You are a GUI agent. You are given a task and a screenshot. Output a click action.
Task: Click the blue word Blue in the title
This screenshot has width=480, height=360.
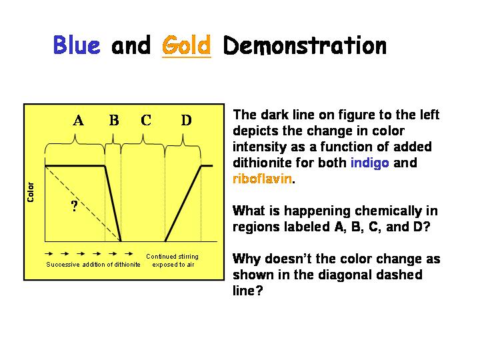tap(77, 45)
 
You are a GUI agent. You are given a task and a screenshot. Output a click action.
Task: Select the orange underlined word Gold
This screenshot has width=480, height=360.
tap(187, 45)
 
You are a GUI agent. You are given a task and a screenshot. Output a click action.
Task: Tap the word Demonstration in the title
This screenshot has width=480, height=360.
tap(305, 45)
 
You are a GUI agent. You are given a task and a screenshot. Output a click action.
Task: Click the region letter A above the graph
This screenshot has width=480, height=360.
tap(79, 120)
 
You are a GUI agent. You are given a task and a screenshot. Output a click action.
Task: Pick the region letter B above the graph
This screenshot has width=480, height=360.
tap(114, 120)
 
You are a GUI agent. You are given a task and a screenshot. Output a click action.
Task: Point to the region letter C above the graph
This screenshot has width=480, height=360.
tap(146, 120)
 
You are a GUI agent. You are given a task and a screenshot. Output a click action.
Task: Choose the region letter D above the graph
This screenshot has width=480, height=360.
tap(187, 120)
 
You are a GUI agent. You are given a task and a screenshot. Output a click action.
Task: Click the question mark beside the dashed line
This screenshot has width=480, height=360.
tap(75, 206)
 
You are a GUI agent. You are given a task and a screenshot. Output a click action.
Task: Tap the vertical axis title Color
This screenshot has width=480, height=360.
tap(30, 192)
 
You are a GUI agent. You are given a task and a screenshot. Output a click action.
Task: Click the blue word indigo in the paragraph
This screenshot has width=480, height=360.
tap(370, 163)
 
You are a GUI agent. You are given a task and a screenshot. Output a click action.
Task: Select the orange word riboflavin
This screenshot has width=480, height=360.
tap(262, 179)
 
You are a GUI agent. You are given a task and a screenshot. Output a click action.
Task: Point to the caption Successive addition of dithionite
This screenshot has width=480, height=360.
tap(93, 265)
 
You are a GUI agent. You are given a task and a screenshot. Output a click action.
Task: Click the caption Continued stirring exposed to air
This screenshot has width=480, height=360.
tap(173, 261)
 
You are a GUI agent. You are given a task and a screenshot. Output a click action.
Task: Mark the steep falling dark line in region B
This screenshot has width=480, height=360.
tap(113, 203)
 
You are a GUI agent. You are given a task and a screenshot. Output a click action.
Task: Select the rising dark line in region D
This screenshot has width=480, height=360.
tap(183, 203)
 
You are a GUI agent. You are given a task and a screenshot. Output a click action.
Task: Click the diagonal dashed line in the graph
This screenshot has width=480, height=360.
tap(83, 203)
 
